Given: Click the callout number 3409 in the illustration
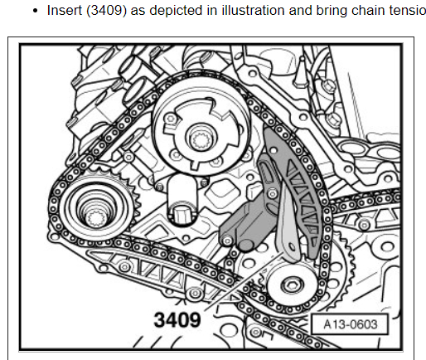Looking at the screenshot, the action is pyautogui.click(x=177, y=320).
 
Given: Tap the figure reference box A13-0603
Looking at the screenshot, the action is pyautogui.click(x=350, y=324).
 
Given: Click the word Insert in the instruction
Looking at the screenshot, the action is pyautogui.click(x=65, y=11).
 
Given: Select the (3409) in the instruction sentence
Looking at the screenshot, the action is pyautogui.click(x=106, y=11).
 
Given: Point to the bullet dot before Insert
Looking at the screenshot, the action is pyautogui.click(x=35, y=11).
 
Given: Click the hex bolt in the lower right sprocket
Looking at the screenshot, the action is pyautogui.click(x=292, y=285).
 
